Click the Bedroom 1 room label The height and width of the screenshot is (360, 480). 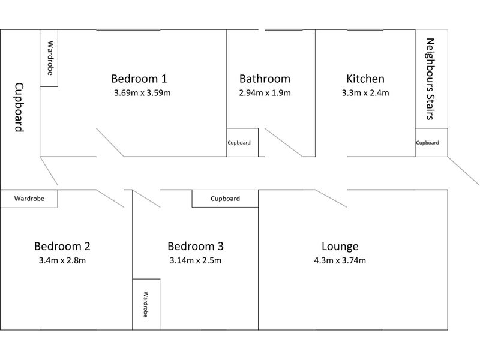tap(139, 79)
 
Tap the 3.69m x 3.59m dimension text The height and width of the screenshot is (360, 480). tap(142, 93)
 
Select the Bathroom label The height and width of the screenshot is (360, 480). tap(265, 79)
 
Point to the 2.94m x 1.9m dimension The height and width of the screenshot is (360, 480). tap(265, 93)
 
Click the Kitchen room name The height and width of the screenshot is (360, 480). tap(365, 79)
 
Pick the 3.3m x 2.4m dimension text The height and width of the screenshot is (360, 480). tap(365, 93)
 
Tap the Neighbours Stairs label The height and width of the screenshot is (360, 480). tap(430, 79)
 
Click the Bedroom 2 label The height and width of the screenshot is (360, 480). tap(62, 246)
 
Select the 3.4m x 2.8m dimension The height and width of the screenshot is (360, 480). tap(62, 260)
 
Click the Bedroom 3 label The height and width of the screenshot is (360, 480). tap(196, 246)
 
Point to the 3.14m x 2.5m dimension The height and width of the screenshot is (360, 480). tap(196, 260)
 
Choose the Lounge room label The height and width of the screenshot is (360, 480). tap(340, 246)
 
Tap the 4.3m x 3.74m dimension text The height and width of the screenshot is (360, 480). tap(340, 260)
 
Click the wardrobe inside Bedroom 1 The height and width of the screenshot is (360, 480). tap(49, 58)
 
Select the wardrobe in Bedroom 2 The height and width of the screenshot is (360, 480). tap(29, 199)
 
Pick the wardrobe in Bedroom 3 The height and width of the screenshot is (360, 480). tap(146, 304)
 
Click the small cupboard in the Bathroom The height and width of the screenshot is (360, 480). tap(242, 142)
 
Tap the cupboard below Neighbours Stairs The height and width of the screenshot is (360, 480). tap(431, 142)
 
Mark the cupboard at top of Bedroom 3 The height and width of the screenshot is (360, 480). tap(225, 199)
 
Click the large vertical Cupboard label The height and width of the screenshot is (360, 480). tap(19, 107)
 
